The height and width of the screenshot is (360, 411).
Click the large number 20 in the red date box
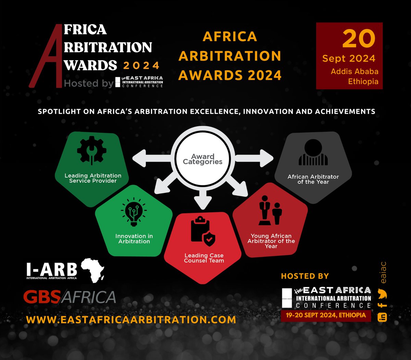click(359, 38)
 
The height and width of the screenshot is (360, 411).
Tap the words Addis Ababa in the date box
click(354, 71)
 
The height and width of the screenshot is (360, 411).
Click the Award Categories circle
click(202, 159)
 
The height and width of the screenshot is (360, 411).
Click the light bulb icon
click(134, 212)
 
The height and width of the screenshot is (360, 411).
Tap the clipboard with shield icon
click(203, 232)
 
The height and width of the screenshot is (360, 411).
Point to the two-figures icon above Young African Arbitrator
click(271, 211)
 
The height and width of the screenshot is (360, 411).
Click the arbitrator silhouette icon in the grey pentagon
click(313, 153)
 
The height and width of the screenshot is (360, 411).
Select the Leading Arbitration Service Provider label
click(93, 178)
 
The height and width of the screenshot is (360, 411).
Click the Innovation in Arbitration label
click(134, 239)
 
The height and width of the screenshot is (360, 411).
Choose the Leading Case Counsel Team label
click(204, 258)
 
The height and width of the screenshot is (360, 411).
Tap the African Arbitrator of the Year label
click(313, 179)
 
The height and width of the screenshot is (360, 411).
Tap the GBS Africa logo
click(70, 297)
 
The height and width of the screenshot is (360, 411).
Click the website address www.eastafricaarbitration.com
click(131, 320)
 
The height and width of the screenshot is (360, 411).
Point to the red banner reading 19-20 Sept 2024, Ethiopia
click(325, 315)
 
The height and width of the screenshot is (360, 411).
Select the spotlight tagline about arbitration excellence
click(206, 111)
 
